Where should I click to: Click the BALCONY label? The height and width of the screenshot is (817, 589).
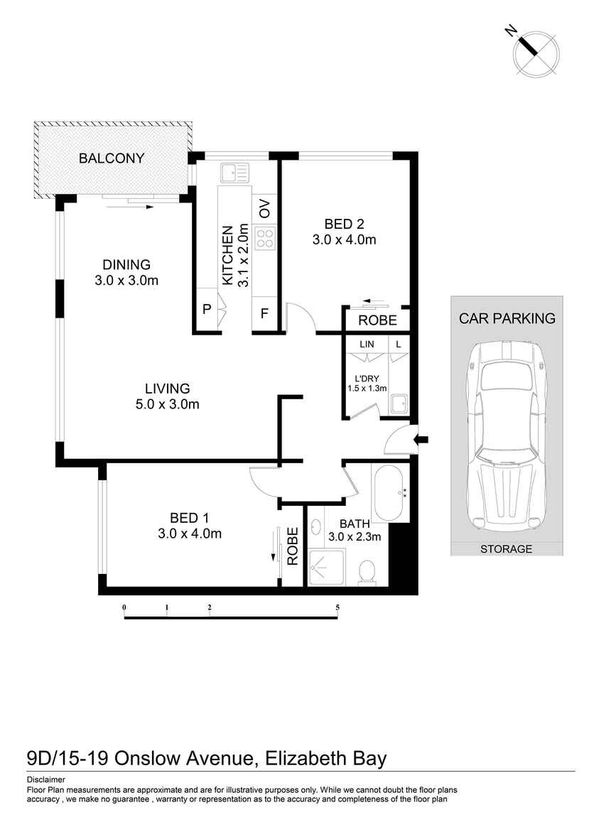(112, 158)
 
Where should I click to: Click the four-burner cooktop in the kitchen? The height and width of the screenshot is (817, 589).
(265, 238)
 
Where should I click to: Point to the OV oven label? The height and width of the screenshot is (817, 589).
(265, 210)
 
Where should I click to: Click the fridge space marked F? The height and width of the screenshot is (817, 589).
(264, 313)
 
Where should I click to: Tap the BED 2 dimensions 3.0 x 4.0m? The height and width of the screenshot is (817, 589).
(344, 240)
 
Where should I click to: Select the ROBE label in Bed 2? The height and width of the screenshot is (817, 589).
(377, 320)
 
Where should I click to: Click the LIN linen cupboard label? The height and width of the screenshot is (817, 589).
(367, 344)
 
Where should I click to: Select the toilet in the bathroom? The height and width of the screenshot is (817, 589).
(367, 571)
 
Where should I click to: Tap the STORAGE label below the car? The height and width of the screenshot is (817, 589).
(506, 549)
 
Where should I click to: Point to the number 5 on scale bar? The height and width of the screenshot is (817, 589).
(337, 607)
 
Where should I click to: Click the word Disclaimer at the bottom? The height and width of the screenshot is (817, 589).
(45, 779)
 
